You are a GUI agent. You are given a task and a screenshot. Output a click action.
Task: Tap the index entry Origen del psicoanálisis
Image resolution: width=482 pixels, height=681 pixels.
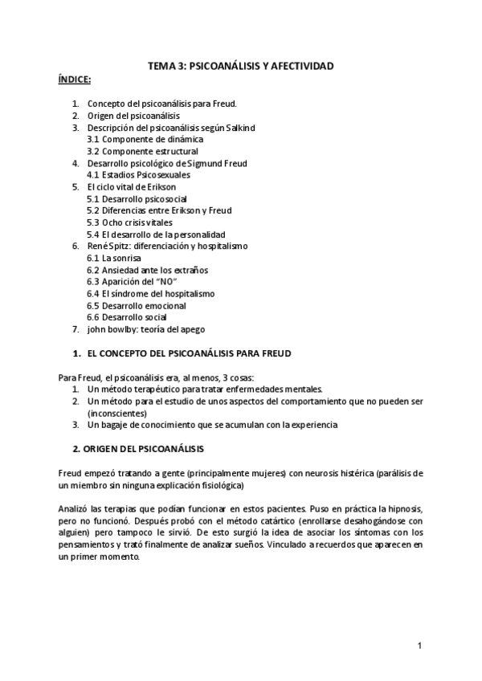133,116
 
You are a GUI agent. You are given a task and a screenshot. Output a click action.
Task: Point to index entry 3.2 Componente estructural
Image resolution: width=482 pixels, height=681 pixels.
142,151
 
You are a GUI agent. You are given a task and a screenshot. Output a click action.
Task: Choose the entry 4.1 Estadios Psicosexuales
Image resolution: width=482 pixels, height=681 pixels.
138,174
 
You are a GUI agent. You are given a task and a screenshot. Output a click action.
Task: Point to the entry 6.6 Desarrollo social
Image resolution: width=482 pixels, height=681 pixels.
130,316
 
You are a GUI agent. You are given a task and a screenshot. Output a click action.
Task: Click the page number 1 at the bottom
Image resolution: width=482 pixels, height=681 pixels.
419,646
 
